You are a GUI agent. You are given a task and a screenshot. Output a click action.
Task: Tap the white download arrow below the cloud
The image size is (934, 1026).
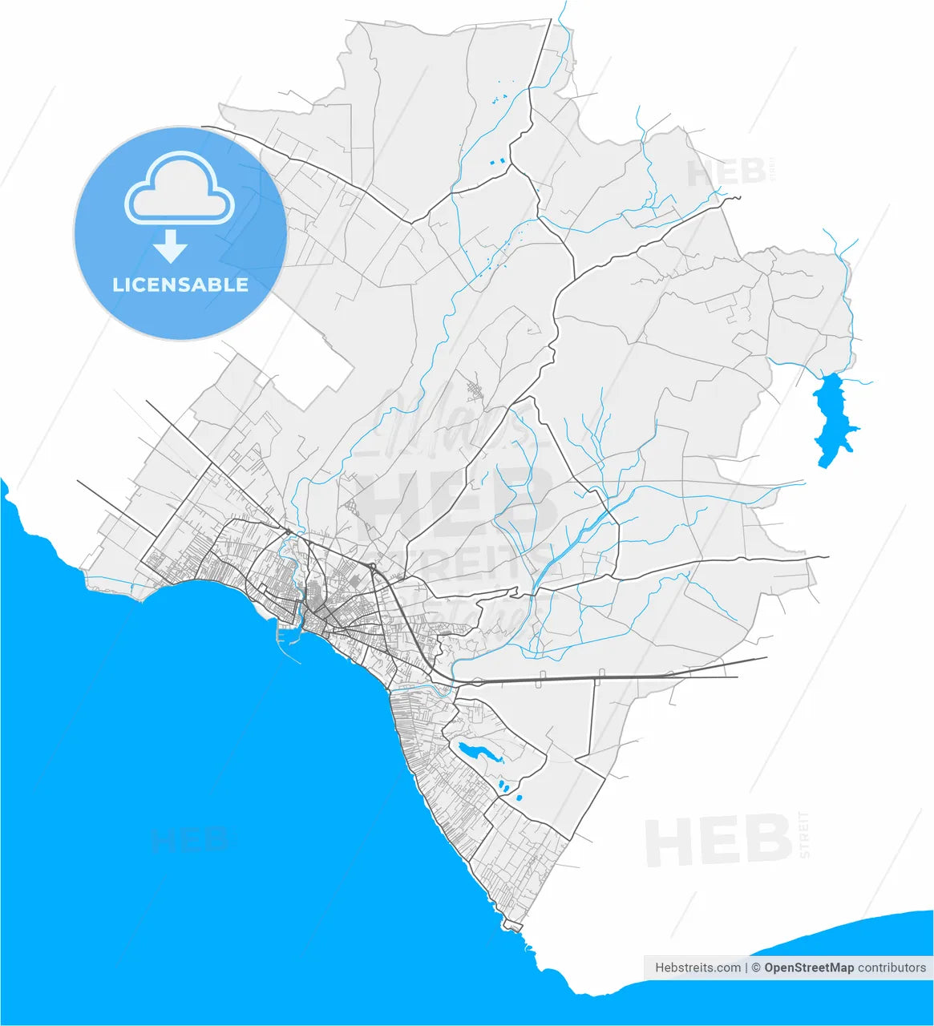click(170, 246)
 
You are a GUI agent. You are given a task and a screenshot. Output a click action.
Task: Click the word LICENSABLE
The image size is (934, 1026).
click(180, 285)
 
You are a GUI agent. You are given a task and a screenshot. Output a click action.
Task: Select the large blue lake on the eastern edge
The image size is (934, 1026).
click(832, 417)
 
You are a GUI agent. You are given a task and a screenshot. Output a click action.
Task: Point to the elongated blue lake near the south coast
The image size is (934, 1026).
click(477, 753)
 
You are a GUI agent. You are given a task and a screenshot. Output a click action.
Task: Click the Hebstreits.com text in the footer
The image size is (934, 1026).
click(697, 967)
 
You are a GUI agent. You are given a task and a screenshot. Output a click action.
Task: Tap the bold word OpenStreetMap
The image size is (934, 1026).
click(809, 967)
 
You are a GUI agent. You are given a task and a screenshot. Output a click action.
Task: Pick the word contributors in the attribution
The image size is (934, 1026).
click(892, 967)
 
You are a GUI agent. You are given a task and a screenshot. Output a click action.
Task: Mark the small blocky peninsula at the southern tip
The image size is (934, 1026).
click(511, 927)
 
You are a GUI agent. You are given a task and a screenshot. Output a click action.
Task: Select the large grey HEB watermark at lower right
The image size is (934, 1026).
click(718, 839)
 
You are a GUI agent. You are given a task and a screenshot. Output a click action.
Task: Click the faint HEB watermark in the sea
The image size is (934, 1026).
click(191, 840)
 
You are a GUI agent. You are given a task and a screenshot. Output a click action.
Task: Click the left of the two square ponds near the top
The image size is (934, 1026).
click(492, 163)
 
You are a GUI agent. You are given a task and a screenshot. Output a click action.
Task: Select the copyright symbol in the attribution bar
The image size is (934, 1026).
click(755, 967)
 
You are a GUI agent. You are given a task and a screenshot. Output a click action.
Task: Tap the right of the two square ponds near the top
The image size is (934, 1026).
click(503, 161)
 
